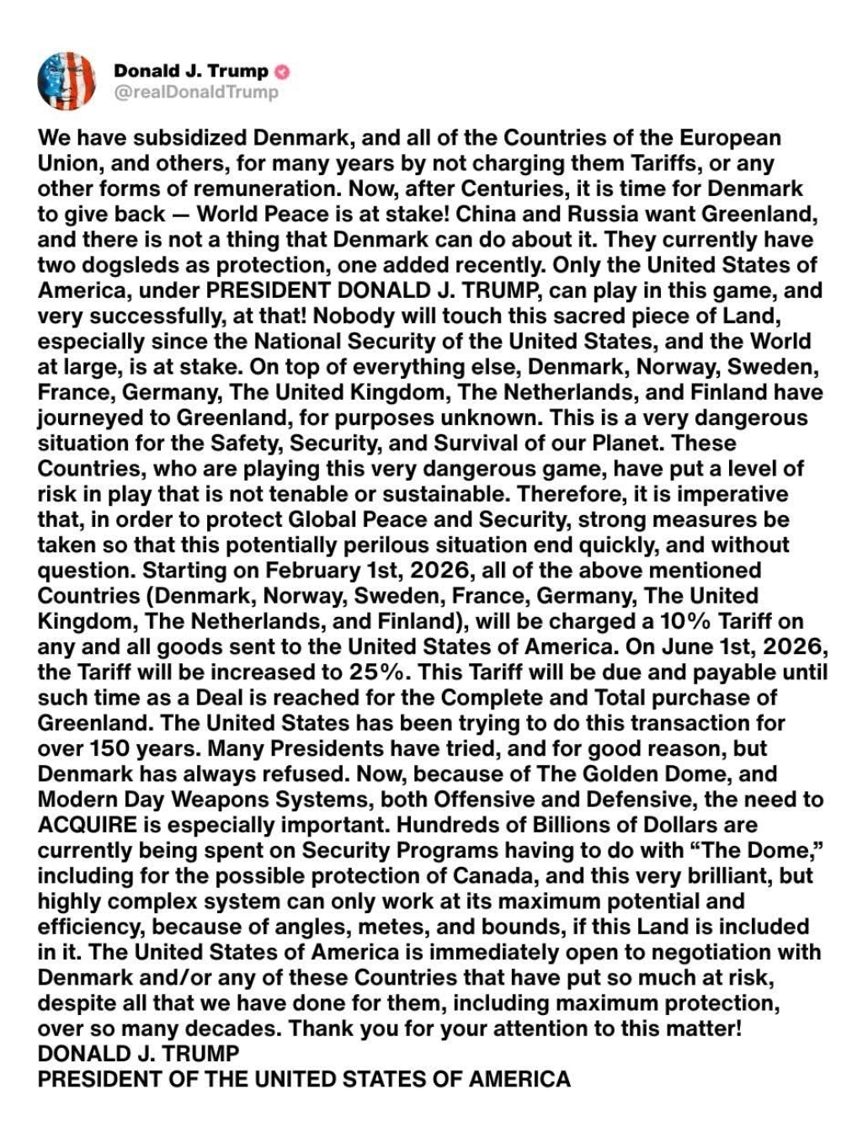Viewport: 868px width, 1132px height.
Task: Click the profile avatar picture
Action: pos(67,81)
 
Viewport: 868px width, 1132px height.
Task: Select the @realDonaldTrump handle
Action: pos(196,92)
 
